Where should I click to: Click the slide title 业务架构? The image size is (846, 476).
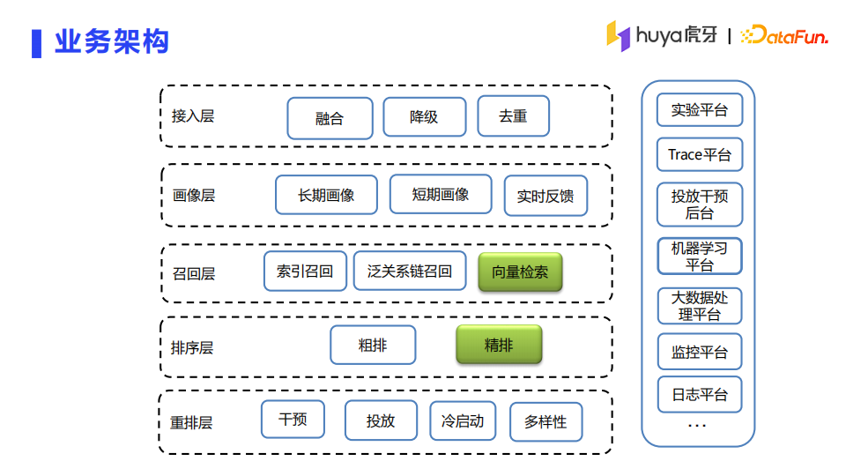111,41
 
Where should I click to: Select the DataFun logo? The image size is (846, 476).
783,35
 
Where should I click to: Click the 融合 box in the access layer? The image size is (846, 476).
330,117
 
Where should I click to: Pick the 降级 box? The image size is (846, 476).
424,116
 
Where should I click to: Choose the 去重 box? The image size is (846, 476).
513,115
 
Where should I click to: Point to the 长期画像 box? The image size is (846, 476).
326,195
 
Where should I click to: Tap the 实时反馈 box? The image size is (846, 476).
545,196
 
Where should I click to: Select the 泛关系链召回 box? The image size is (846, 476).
410,271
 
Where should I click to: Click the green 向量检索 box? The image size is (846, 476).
520,272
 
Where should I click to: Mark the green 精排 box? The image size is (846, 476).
498,345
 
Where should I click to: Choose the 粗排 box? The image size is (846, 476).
372,345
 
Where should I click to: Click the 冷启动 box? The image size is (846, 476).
463,420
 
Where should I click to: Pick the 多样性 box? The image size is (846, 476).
545,421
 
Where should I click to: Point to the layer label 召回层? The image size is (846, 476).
194,274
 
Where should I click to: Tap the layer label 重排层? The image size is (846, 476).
191,422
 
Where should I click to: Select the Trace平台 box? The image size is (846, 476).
700,154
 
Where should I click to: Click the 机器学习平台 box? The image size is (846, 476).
700,256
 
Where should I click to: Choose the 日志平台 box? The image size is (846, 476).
700,394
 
